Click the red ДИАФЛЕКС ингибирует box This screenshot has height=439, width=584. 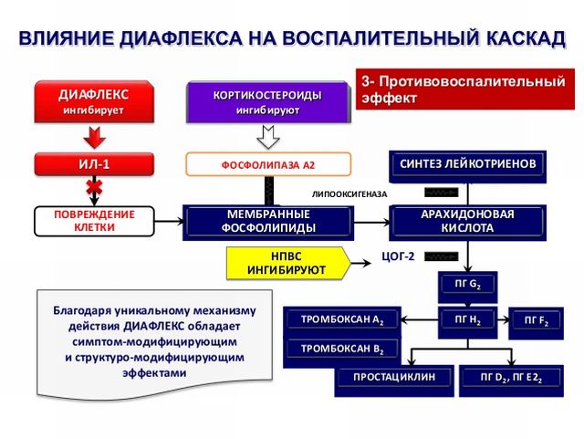[93, 102]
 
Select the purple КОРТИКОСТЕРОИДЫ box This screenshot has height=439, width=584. [267, 102]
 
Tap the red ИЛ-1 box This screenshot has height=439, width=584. [93, 164]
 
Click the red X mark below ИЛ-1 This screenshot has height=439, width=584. [93, 188]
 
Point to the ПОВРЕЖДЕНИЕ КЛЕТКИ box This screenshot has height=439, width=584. [94, 221]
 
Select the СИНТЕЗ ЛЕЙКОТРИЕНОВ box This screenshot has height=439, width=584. [469, 164]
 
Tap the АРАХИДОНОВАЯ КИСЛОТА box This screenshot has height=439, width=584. [468, 221]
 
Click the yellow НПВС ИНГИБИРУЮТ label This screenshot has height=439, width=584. [287, 263]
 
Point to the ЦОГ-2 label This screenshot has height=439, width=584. [398, 256]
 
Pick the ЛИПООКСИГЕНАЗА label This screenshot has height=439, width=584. [349, 194]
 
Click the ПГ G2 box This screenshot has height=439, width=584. [468, 284]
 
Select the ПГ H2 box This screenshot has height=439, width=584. [468, 320]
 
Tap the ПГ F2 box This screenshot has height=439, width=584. [536, 320]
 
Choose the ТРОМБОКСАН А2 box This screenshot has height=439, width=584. [342, 320]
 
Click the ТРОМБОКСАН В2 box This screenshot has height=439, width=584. [342, 350]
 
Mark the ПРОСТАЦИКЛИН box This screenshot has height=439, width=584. [394, 377]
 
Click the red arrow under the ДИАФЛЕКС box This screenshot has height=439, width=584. [93, 137]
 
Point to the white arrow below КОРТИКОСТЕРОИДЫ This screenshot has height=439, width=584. [267, 138]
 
